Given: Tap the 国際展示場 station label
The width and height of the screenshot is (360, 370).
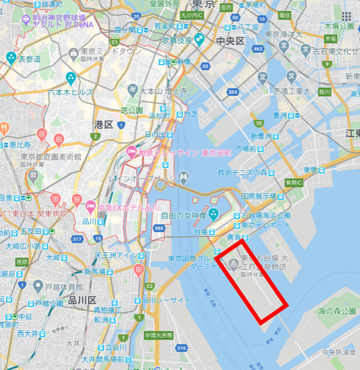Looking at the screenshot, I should tap(257, 195).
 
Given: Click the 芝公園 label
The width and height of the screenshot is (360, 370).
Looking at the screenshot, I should tap(131, 110).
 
